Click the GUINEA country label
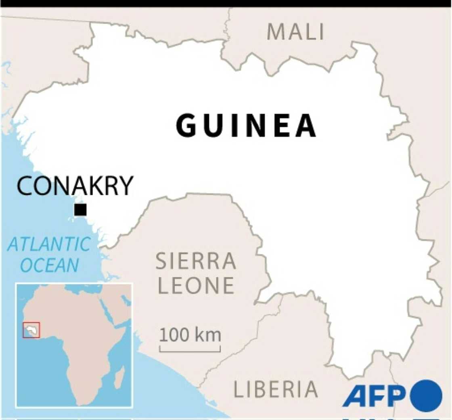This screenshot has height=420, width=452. point(246,126)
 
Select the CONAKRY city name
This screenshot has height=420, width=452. point(75,186)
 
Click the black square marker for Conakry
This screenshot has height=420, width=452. point(80,210)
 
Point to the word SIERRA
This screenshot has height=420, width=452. point(196,261)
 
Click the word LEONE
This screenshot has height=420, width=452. point(196,285)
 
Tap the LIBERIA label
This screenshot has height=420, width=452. point(276,389)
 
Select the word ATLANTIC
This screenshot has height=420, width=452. point(49,244)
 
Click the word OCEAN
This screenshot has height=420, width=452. point(50,265)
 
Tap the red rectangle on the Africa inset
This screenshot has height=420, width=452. point(31,330)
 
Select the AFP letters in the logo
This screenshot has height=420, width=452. point(375,396)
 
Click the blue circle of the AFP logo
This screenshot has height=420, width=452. point(426,396)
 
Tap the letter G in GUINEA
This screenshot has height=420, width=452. point(186,126)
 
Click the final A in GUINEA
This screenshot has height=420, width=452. point(306,126)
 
